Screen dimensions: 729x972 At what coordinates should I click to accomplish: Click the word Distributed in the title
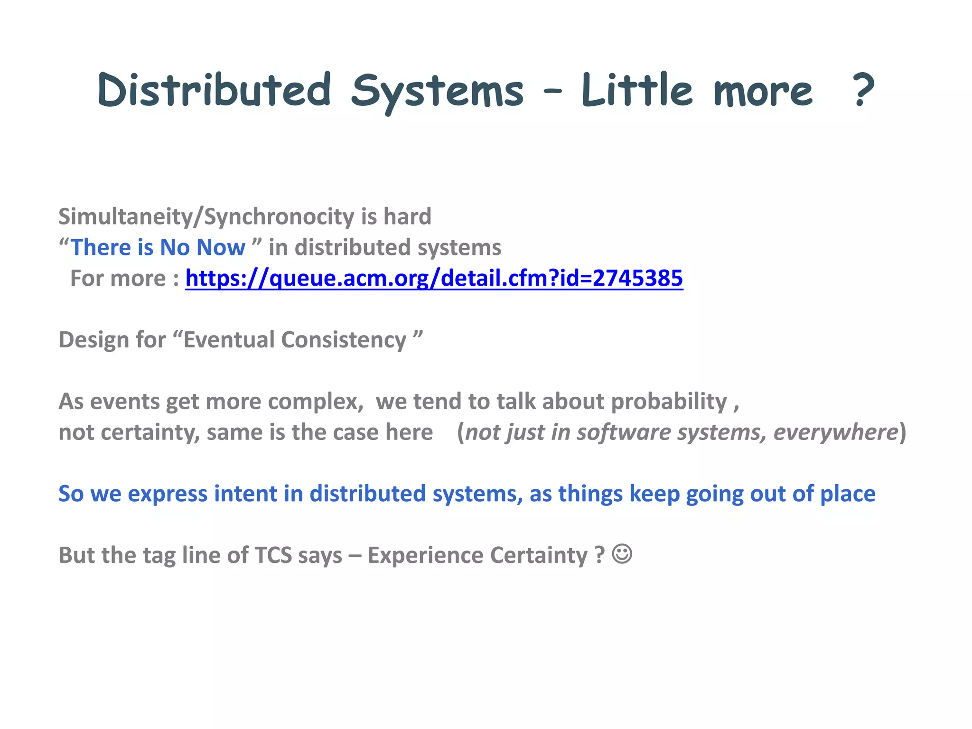tap(214, 90)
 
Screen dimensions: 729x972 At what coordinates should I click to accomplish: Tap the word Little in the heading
tap(637, 90)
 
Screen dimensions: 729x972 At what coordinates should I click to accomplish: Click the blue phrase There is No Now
tap(158, 248)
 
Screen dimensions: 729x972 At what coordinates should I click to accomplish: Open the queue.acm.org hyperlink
tap(434, 278)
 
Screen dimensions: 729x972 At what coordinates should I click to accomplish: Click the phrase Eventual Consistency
tap(295, 340)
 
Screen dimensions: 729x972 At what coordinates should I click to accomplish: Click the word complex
tap(315, 402)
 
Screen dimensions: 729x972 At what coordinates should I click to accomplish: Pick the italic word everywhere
tap(836, 432)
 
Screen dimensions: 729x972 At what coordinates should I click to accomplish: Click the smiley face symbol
tap(622, 554)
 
